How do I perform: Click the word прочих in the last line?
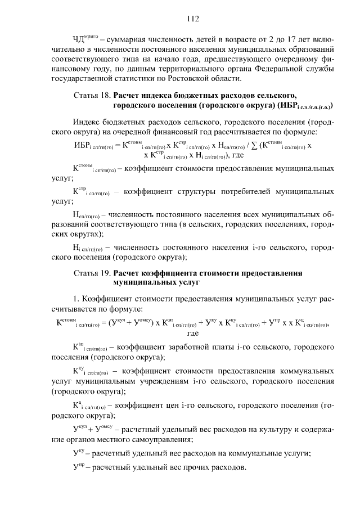[x=204, y=468]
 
